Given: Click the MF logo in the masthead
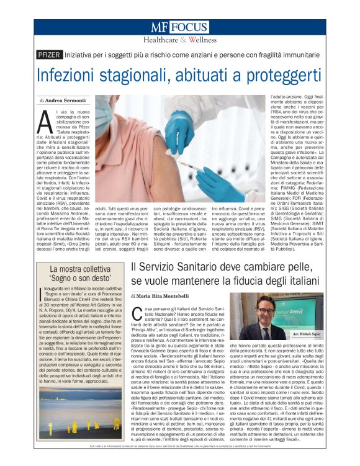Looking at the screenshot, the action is click(x=159, y=28).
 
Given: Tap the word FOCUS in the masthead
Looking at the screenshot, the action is click(x=189, y=28).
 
